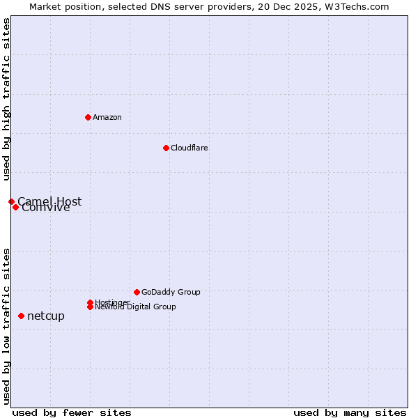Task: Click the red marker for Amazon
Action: pyautogui.click(x=88, y=117)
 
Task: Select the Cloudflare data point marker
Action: pyautogui.click(x=166, y=148)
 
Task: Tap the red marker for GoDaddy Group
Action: pyautogui.click(x=137, y=292)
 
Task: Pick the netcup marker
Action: pyautogui.click(x=21, y=316)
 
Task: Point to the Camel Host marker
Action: pyautogui.click(x=11, y=201)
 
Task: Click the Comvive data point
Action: pyautogui.click(x=15, y=207)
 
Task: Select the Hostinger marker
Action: pyautogui.click(x=90, y=302)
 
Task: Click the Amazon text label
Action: pyautogui.click(x=107, y=117)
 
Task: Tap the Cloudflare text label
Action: pyautogui.click(x=189, y=148)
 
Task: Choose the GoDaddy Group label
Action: pyautogui.click(x=171, y=292)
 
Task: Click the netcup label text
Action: pyautogui.click(x=46, y=316)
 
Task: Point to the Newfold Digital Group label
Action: pyautogui.click(x=136, y=307)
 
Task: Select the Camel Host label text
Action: pyautogui.click(x=49, y=201)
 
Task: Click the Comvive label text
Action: pyautogui.click(x=46, y=208)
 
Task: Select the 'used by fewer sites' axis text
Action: pyautogui.click(x=72, y=412)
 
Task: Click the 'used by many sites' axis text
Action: pyautogui.click(x=350, y=412)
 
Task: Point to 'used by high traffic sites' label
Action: pyautogui.click(x=6, y=100)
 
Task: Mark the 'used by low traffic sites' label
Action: pyautogui.click(x=6, y=326)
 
